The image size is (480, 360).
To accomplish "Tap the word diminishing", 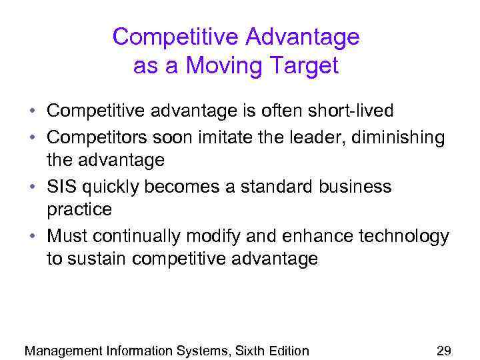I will click(401, 137).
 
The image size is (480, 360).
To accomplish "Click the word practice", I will click(79, 210).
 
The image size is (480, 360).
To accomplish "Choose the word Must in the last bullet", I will click(67, 236).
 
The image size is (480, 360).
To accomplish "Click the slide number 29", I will click(443, 350).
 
